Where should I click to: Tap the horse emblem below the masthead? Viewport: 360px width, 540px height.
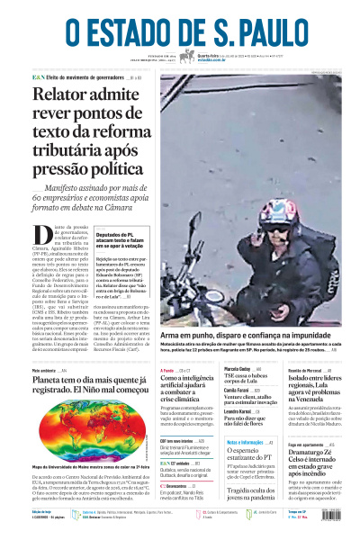point(187,57)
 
